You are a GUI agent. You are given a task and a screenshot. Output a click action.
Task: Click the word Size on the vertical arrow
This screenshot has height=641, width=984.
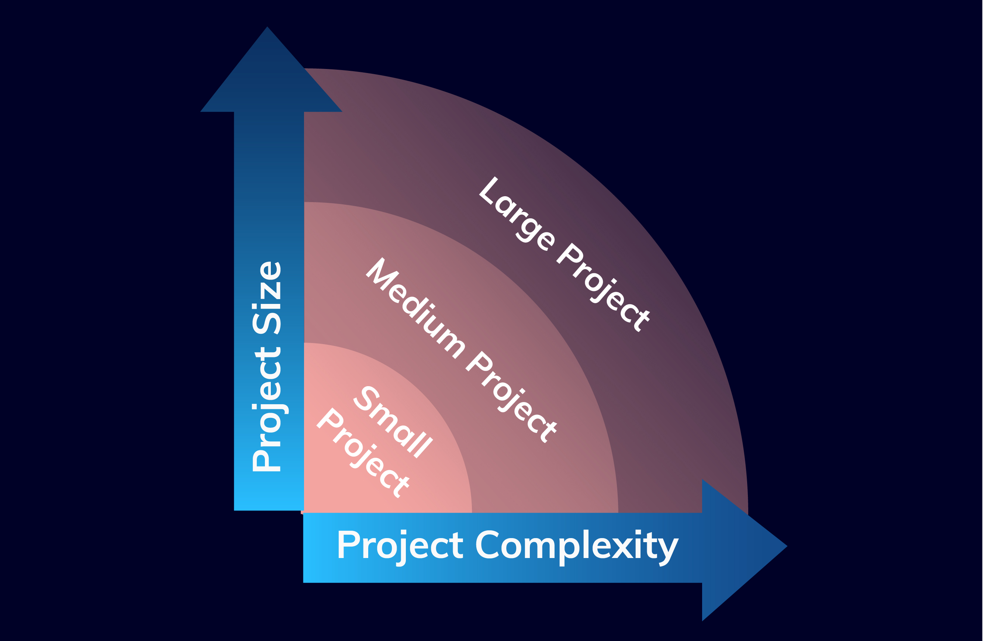pyautogui.click(x=267, y=298)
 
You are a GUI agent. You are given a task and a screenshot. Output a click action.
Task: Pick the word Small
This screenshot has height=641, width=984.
pyautogui.click(x=393, y=422)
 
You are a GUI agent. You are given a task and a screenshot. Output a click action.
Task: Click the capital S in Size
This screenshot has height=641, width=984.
pyautogui.click(x=267, y=323)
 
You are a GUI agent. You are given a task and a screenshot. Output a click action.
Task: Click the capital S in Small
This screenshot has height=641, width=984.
pyautogui.click(x=366, y=398)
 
